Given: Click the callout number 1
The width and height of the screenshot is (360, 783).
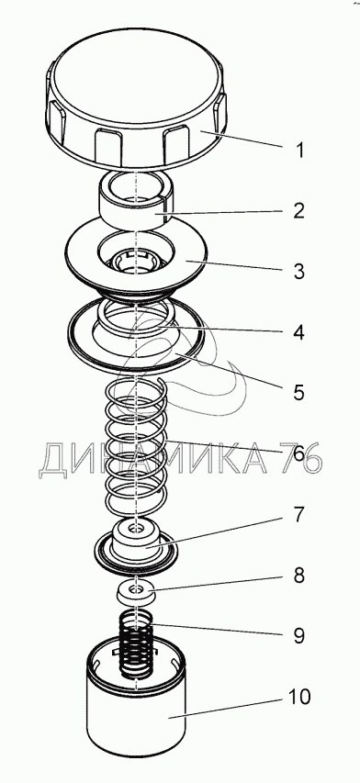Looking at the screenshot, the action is point(299,150).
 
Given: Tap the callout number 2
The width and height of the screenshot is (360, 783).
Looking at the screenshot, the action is point(299,211).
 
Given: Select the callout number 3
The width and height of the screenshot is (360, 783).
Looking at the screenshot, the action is point(299,271).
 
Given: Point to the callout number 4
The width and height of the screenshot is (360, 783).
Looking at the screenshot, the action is point(298,332).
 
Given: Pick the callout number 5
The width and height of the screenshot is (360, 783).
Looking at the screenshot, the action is point(298,393).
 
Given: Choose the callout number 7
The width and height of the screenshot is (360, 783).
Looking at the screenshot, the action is point(298,514).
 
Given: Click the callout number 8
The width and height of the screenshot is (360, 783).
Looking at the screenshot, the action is point(298,576).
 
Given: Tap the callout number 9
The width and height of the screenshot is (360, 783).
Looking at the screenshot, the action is point(298,636).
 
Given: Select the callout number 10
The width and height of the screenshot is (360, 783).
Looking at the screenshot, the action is point(299,697).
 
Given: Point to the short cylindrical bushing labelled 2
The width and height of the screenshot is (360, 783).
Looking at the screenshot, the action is point(136,201).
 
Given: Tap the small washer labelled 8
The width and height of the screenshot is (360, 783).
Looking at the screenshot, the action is point(136,592).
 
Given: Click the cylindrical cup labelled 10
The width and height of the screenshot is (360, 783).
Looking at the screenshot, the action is point(136,719).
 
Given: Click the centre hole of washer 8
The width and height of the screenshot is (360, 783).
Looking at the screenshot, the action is point(136,590).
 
